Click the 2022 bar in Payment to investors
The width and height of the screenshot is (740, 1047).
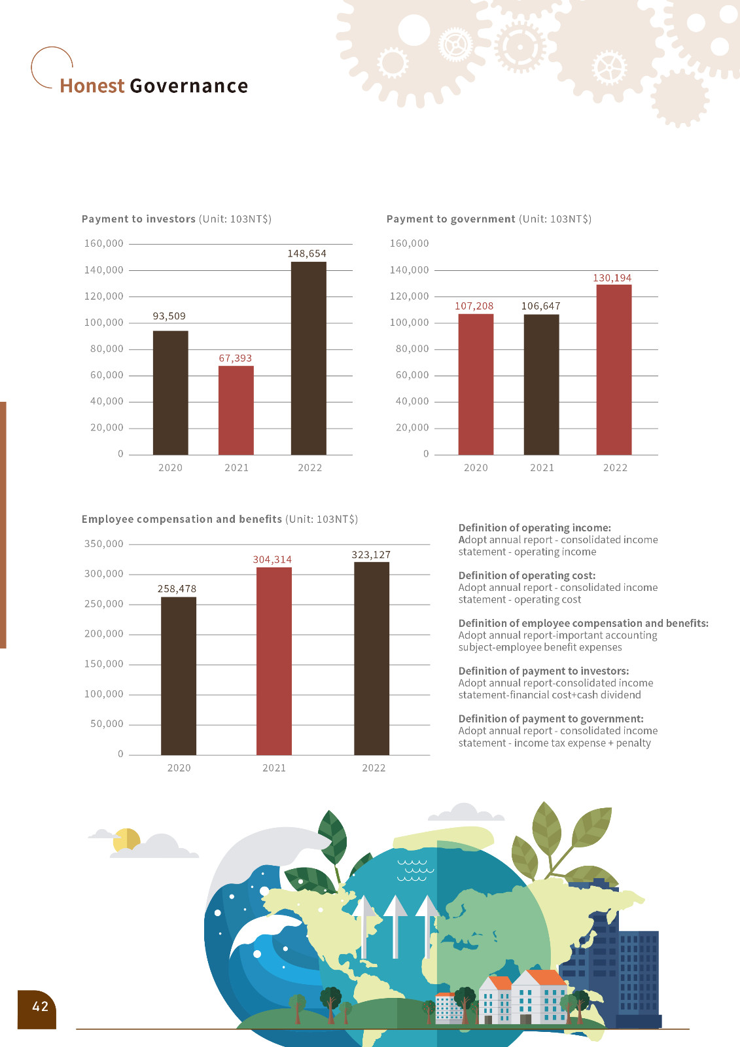(x=308, y=358)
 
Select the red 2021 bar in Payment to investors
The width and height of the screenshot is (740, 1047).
(x=236, y=410)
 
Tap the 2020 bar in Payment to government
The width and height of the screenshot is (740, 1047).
(x=476, y=384)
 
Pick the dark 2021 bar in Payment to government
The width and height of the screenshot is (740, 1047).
(x=541, y=384)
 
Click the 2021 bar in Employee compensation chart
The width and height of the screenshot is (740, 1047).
(x=273, y=661)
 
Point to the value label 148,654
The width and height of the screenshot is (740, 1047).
(x=307, y=254)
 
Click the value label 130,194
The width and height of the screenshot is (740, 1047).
(x=612, y=278)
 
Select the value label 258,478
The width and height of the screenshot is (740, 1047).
(x=177, y=589)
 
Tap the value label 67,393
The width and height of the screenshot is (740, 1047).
(x=235, y=359)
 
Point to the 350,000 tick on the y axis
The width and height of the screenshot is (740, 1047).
(x=104, y=544)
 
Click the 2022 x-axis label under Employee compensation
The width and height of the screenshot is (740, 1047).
(x=374, y=768)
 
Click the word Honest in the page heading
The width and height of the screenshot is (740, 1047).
(x=92, y=86)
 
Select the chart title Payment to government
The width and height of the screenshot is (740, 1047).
(x=451, y=219)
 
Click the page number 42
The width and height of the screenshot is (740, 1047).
(x=40, y=1006)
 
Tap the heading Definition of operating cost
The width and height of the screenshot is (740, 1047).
(x=527, y=576)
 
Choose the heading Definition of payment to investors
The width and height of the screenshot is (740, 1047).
(x=543, y=671)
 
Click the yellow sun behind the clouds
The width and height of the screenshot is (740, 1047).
(x=126, y=840)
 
